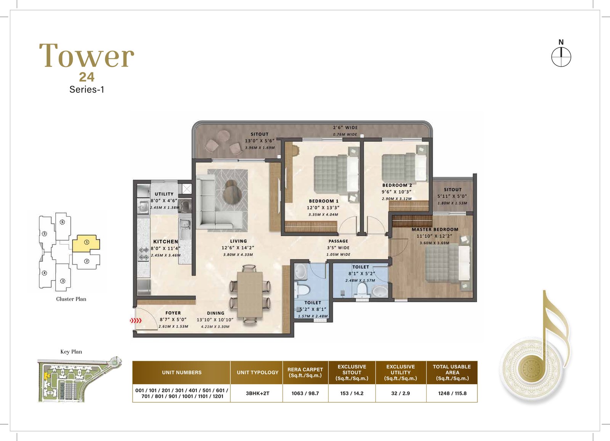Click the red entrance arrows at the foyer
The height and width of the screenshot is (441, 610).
coord(136,321)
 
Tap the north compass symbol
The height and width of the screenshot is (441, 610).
coord(561,57)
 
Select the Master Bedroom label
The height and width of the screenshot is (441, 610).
coord(435,229)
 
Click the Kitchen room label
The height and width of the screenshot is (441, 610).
coord(165,241)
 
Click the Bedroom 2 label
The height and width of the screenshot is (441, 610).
coord(397,185)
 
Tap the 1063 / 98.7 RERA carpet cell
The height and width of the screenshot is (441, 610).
coord(305,393)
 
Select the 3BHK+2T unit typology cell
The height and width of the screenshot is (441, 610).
coord(257,393)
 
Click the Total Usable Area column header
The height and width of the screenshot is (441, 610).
coord(452,372)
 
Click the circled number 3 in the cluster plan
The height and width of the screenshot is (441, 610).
coord(63,281)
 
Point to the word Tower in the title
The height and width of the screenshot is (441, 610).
coord(87,55)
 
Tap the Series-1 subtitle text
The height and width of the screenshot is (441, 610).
coord(87,90)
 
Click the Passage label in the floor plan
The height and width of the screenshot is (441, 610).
coord(338,241)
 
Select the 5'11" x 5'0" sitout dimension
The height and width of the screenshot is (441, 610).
coord(452,196)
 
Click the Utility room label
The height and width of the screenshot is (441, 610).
coord(164,194)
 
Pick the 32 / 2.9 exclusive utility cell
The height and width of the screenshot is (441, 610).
coord(401,393)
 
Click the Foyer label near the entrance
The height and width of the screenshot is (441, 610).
coord(173,313)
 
